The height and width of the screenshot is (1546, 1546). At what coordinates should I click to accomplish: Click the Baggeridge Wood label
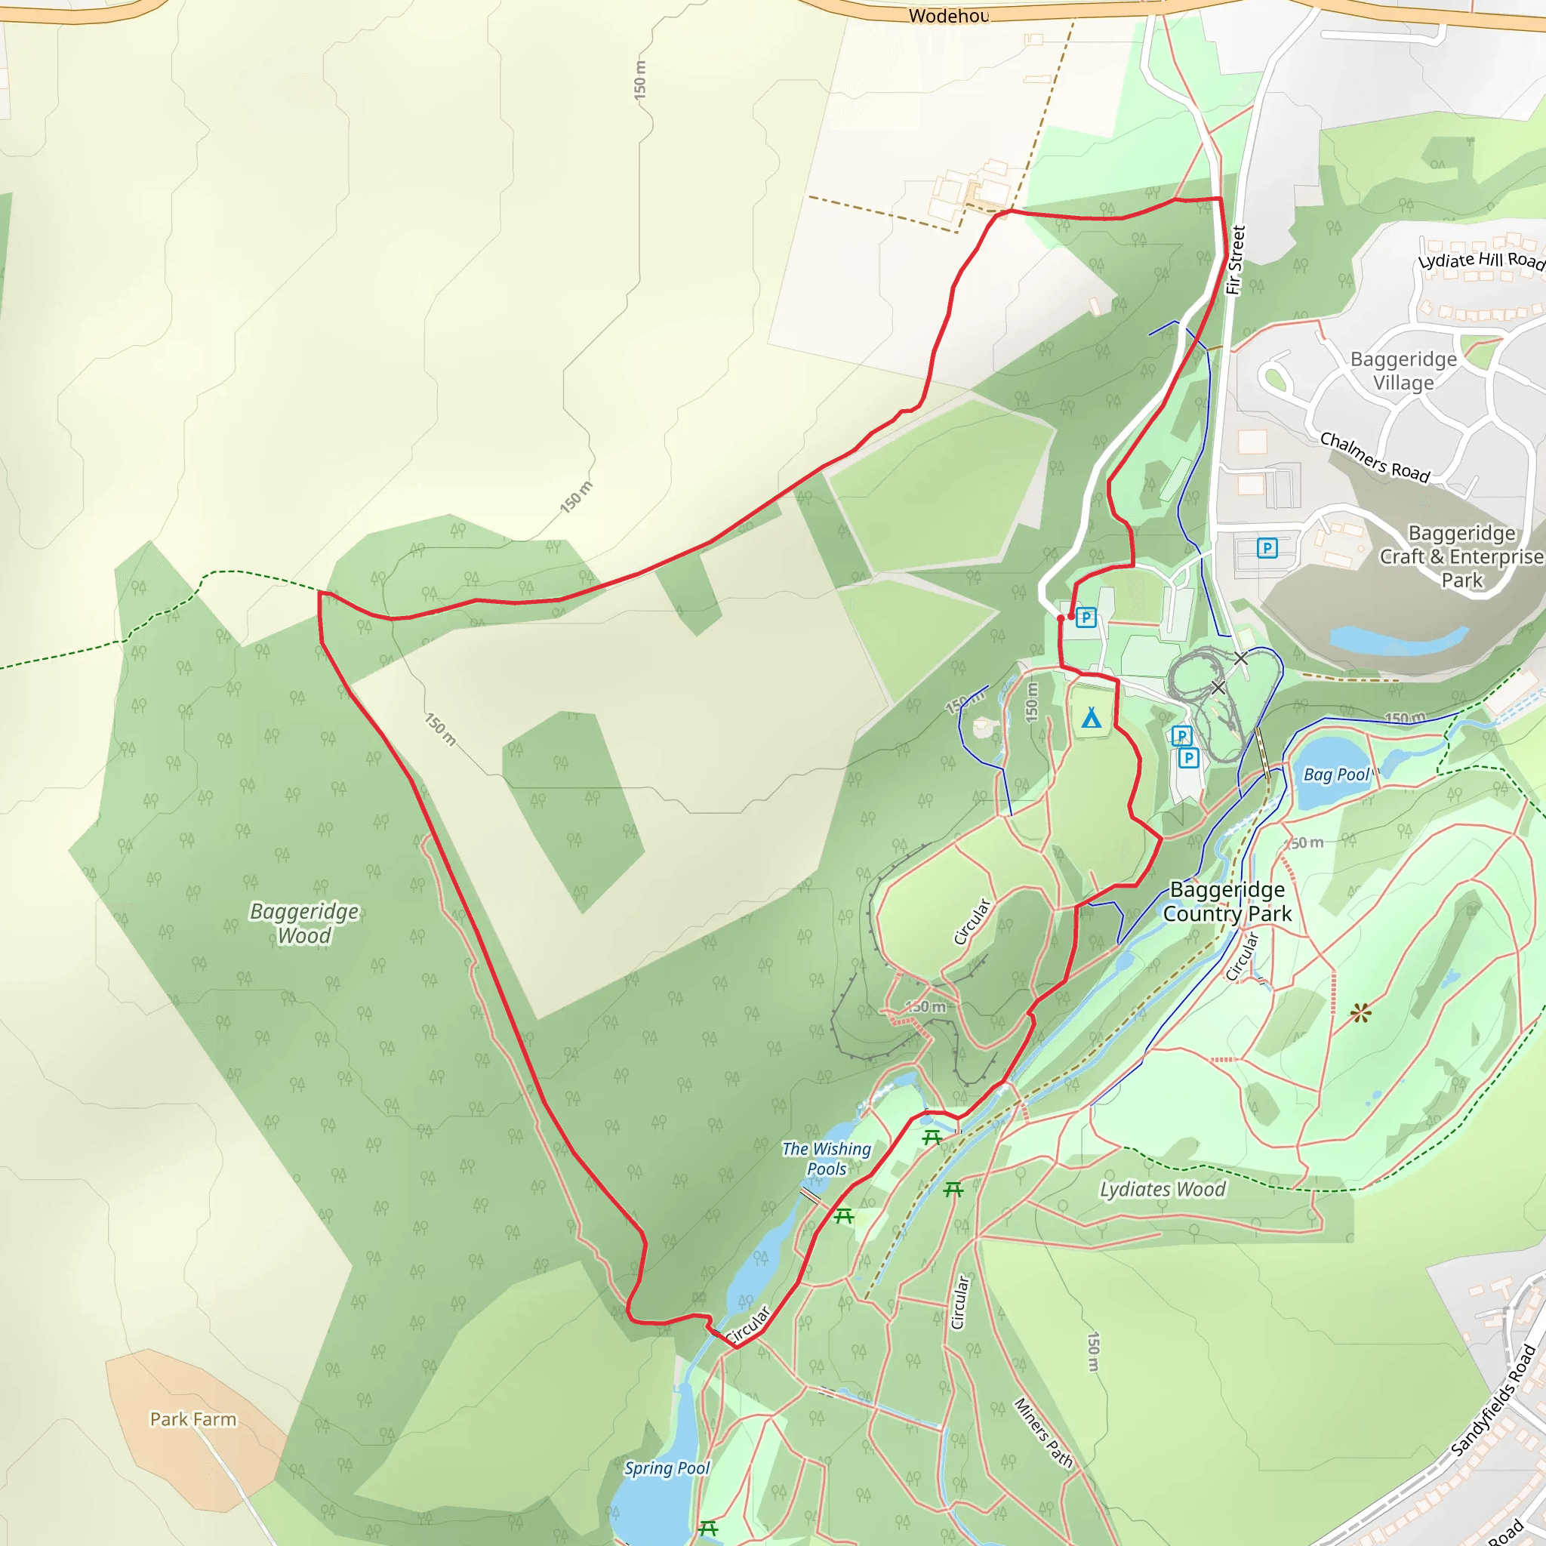(304, 923)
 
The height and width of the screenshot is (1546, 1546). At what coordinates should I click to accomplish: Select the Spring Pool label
(667, 1467)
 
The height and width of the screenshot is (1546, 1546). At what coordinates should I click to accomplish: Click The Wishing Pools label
(827, 1158)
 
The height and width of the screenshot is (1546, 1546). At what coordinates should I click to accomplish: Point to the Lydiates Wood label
(1162, 1189)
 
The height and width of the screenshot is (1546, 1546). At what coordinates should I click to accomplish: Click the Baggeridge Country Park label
(1227, 901)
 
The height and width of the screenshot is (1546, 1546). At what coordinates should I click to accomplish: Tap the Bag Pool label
(1336, 774)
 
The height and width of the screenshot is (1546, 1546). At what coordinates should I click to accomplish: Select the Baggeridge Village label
(1403, 371)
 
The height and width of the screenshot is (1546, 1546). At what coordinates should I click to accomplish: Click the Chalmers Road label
(1374, 457)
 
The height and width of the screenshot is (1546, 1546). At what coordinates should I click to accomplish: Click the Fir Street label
(1236, 260)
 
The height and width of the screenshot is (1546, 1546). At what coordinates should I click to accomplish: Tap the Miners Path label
(1042, 1432)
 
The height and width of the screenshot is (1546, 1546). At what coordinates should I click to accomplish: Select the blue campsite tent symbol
(1092, 718)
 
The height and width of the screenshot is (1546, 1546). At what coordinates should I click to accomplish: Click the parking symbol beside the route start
(1086, 617)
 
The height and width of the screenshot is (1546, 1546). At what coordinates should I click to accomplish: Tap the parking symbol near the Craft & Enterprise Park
(1267, 548)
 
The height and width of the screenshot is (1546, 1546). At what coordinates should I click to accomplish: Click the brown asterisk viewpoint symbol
(1360, 1014)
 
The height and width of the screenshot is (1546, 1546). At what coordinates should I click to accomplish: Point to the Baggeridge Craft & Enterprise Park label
(1461, 556)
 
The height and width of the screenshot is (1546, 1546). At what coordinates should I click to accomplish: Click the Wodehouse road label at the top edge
(948, 16)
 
